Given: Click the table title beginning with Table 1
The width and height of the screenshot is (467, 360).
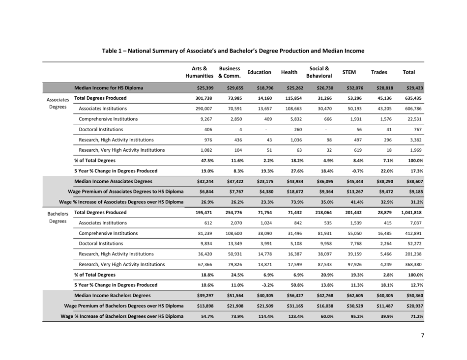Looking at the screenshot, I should click(x=233, y=51).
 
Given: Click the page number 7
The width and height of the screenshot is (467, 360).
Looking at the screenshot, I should click(x=422, y=335).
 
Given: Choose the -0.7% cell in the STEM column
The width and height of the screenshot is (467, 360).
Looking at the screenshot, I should click(x=350, y=171).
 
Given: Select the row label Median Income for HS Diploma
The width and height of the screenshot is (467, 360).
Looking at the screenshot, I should click(x=109, y=88).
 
